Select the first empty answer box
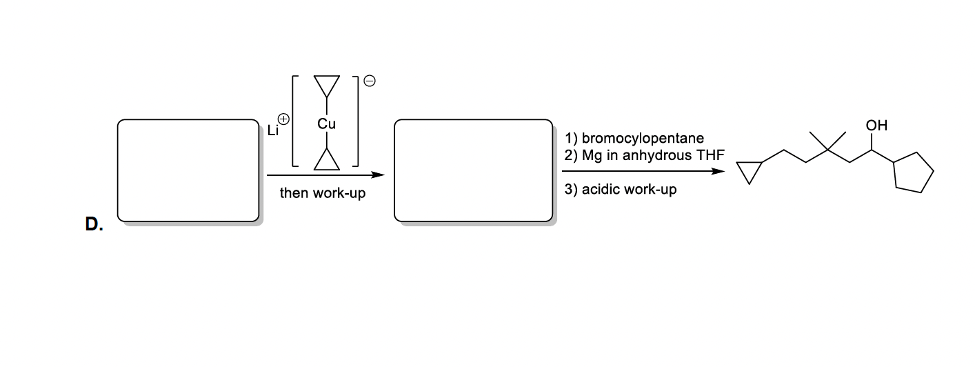188,170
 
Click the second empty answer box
472,170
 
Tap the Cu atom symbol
326,124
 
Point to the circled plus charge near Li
282,119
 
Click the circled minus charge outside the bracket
370,81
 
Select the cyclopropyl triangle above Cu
326,86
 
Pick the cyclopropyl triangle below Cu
326,161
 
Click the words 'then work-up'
322,194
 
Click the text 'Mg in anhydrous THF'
653,155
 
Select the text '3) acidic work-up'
620,189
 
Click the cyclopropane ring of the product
750,172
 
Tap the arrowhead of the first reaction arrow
377,175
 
